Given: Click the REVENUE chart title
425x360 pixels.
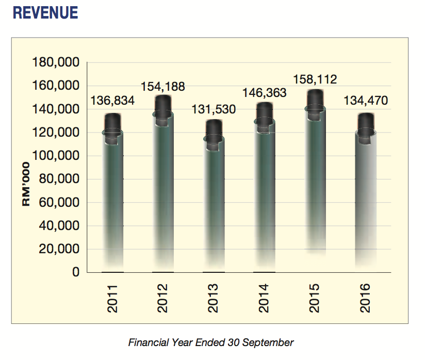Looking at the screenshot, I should pyautogui.click(x=45, y=13).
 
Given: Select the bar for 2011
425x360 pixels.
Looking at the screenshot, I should pyautogui.click(x=112, y=196).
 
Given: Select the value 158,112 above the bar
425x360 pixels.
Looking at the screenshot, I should pyautogui.click(x=315, y=80).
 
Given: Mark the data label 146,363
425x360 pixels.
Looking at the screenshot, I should pyautogui.click(x=264, y=94).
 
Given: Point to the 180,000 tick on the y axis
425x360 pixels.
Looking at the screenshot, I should pyautogui.click(x=55, y=63).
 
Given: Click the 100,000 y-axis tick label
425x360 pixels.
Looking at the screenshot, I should pyautogui.click(x=55, y=156).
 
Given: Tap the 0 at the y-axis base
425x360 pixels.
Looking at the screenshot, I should pyautogui.click(x=75, y=272).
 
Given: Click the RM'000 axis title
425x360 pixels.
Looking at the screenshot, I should pyautogui.click(x=27, y=185).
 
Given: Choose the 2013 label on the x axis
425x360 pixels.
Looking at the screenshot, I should pyautogui.click(x=214, y=298).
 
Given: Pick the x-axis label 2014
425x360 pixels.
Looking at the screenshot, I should pyautogui.click(x=264, y=298).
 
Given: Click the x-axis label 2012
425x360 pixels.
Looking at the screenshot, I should pyautogui.click(x=163, y=298).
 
